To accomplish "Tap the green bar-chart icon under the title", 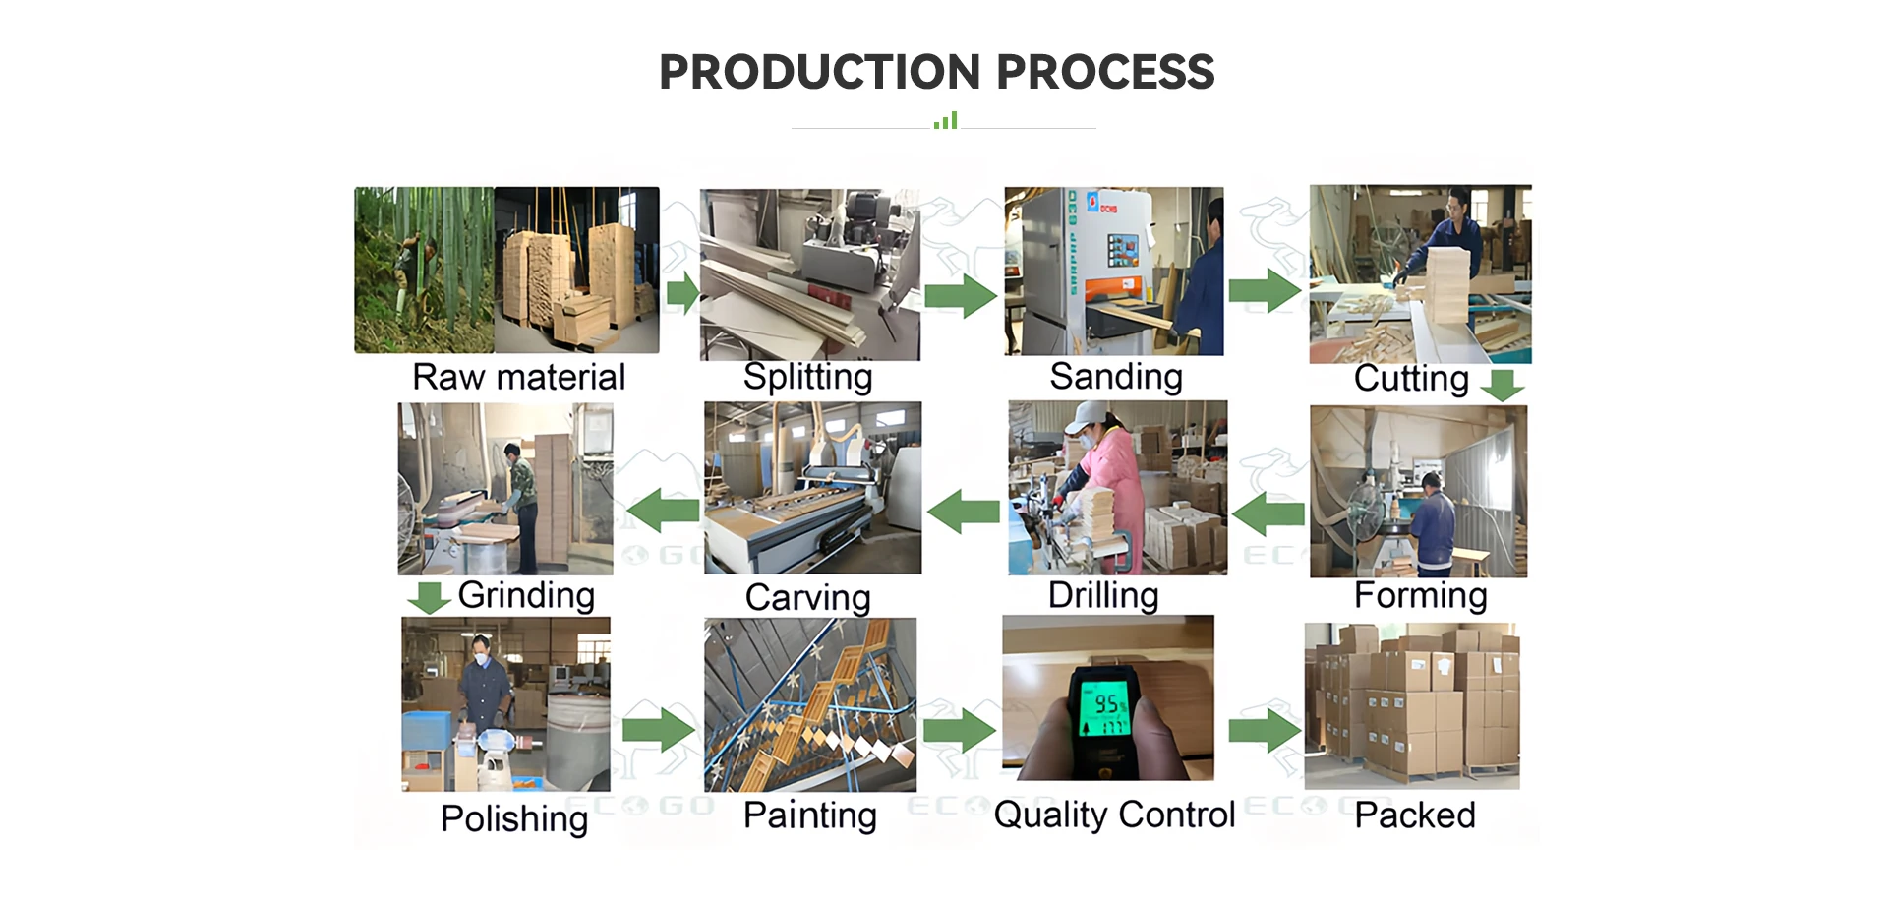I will coord(945,121).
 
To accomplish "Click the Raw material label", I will coord(518,377).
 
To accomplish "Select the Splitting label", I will coord(807,377).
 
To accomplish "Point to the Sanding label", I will coord(1115,377).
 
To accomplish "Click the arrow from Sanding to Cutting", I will coord(1265,291).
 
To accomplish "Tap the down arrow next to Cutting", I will coord(1503,385).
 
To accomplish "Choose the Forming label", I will coord(1420,595).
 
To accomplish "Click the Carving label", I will coord(807,597).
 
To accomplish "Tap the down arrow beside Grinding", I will coord(429,597).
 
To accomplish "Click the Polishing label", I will coord(513,818).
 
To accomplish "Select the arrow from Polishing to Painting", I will coord(658,730).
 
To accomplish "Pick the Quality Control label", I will coord(1113,815).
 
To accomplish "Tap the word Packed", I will coord(1414,815).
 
